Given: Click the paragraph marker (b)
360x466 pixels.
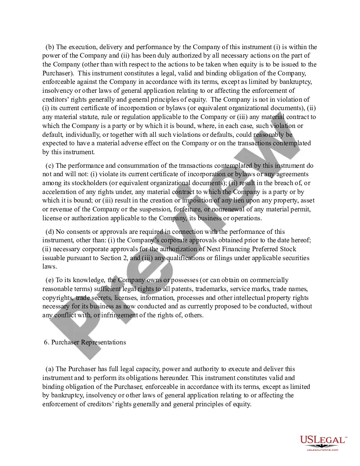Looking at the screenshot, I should (50, 47).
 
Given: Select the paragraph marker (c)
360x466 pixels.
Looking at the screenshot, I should (50, 165).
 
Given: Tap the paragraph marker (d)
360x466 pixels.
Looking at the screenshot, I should (50, 231).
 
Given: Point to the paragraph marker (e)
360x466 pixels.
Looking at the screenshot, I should (50, 280).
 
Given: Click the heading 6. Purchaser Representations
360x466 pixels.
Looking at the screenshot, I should (85, 342).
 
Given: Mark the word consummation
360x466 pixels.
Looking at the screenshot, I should (129, 165).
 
